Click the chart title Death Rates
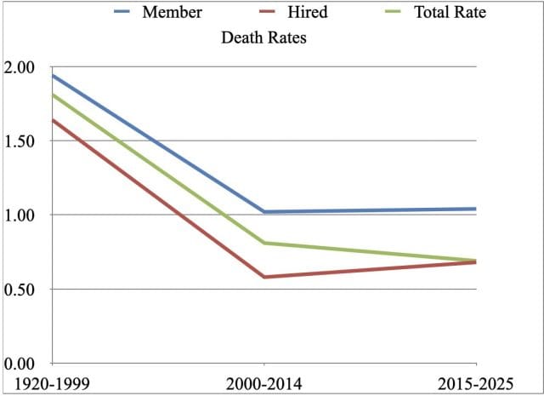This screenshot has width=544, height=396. [263, 37]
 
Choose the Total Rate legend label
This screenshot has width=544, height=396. [450, 13]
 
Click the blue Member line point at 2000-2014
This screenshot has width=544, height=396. [263, 212]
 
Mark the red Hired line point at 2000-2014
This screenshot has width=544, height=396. [263, 277]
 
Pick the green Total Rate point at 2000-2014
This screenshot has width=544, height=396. [263, 243]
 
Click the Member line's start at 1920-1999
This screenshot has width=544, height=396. [53, 76]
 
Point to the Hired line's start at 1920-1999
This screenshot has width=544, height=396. [53, 120]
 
